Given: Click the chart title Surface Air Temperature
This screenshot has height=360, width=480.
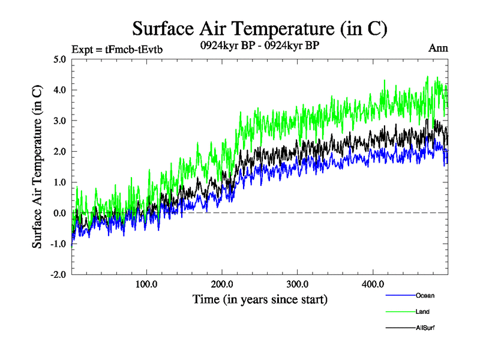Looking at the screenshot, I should tap(259, 28).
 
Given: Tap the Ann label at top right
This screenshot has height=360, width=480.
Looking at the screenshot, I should tap(439, 48).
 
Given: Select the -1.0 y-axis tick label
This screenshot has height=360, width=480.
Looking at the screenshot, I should tap(58, 244).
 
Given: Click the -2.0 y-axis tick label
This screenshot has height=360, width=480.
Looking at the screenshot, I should tap(58, 274).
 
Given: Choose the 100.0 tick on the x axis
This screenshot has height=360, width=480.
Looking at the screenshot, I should tap(146, 284).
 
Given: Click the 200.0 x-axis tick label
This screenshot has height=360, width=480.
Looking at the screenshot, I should tap(222, 284).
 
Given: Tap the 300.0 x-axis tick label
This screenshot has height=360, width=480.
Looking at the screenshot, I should tap(298, 284).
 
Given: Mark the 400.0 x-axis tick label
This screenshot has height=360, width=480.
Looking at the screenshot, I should tap(373, 284).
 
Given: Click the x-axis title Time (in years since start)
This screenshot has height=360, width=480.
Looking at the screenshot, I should tap(260, 298).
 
